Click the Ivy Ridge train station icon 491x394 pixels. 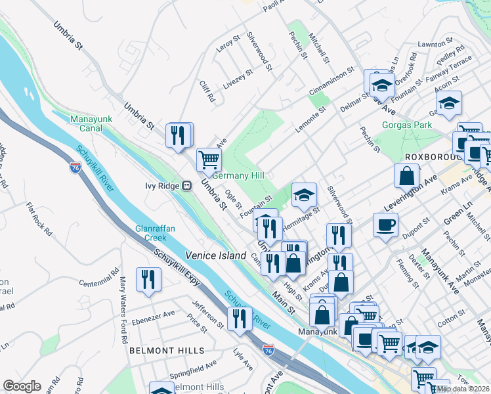187,185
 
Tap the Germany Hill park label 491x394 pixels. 238,176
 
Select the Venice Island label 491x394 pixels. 215,255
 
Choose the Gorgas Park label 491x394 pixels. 406,124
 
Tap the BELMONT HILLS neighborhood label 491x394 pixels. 166,351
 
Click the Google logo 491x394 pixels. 22,386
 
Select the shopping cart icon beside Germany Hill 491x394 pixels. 209,158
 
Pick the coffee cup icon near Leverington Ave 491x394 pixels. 386,224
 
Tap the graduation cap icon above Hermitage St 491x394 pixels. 305,194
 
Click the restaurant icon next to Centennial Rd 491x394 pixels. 148,279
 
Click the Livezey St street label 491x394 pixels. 238,79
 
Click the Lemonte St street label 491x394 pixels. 310,121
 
